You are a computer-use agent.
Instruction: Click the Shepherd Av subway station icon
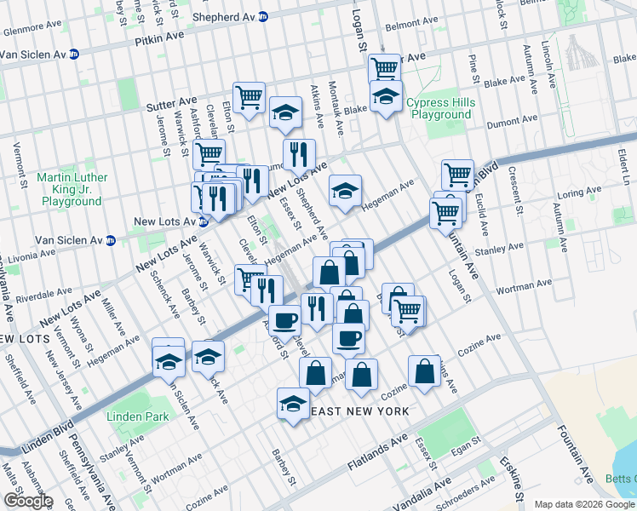point(262,16)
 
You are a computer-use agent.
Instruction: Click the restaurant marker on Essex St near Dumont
point(298,155)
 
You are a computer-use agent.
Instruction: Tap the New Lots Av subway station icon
point(203,221)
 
